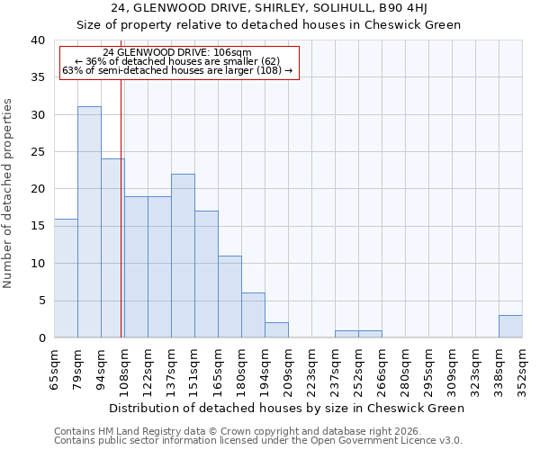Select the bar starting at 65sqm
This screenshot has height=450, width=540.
coord(66,278)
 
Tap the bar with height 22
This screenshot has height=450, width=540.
coord(183,256)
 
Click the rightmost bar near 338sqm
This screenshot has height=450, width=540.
coord(510,327)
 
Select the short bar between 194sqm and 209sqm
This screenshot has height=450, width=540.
coord(276,330)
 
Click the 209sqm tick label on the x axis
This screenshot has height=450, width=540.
coord(288,368)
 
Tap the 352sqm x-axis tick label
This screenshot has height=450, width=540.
coord(522,368)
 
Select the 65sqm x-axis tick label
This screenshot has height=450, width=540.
coord(54,368)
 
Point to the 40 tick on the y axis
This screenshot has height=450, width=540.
coord(37,40)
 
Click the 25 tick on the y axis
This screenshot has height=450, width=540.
coord(37,152)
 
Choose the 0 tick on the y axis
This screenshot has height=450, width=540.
coord(40,338)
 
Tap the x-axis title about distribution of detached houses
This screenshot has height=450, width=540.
coord(288,408)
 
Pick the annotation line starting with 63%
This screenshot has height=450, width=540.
coord(177,70)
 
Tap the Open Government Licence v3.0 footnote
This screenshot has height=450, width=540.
coord(387,441)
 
